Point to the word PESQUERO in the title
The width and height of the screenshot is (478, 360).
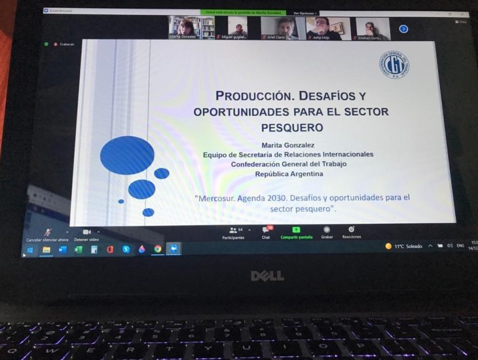[x=291, y=127]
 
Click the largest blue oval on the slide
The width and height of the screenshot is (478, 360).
[x=127, y=154]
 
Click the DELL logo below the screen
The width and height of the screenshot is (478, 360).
[x=268, y=275]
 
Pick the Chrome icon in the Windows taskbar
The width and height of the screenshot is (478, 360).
[x=157, y=249]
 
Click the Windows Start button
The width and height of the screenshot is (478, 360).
[x=29, y=250]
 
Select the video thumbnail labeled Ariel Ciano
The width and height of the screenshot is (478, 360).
[x=283, y=28]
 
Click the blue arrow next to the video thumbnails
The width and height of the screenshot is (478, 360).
[x=403, y=29]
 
